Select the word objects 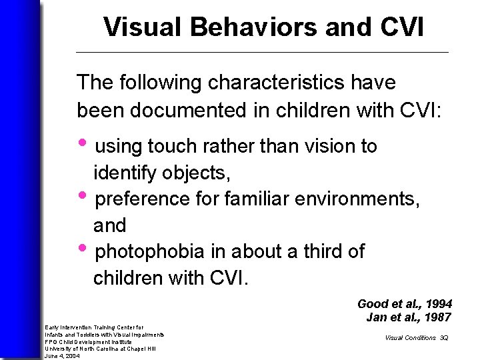197,173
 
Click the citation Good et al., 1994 405,303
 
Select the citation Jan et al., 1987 409,317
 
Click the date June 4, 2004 62,356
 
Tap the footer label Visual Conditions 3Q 416,338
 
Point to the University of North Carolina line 100,349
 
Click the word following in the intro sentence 159,83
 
